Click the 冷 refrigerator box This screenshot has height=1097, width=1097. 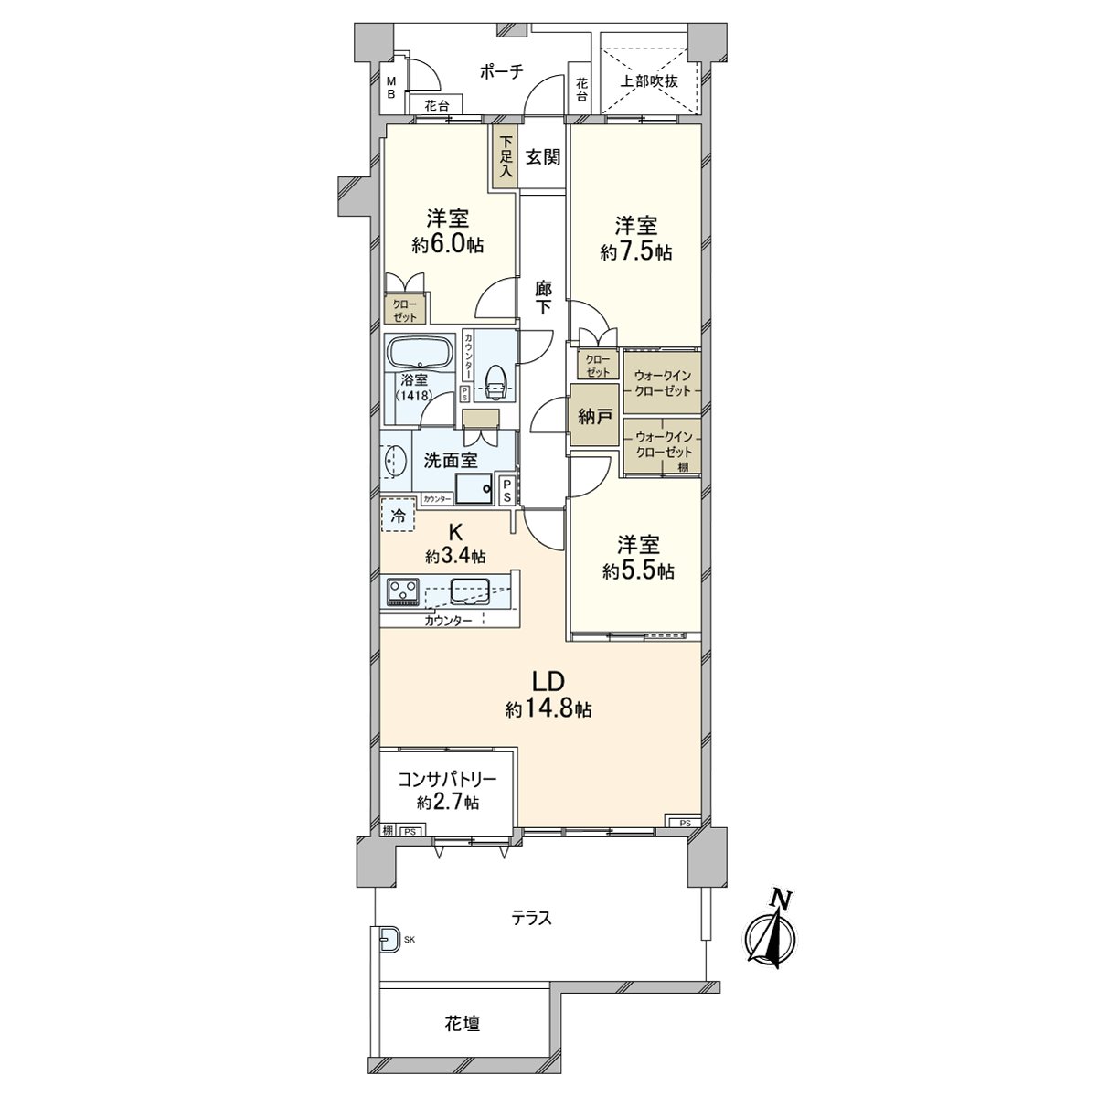pos(398,516)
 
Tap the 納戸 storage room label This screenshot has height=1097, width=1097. pos(594,417)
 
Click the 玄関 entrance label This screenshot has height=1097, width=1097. pos(542,157)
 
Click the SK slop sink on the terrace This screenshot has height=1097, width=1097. pos(389,939)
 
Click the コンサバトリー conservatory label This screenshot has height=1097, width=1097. pos(447,780)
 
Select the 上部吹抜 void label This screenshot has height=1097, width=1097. pos(649,80)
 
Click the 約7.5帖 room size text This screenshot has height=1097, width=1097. pos(636,252)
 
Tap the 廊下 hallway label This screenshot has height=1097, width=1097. pos(544,297)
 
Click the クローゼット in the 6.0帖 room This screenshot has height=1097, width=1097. pos(405,310)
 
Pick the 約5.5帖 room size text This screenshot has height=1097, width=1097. pos(638,571)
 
